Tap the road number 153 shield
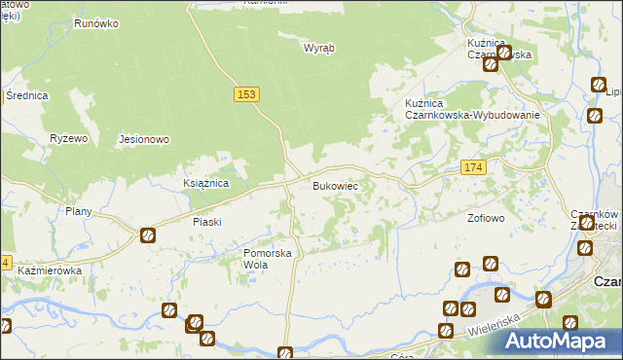(246, 93)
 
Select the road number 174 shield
(473, 168)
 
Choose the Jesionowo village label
(144, 139)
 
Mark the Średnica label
(27, 95)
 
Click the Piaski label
(207, 222)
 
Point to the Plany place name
(78, 211)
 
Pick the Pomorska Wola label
(268, 258)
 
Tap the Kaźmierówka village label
(50, 270)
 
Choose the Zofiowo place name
(486, 218)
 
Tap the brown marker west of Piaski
(147, 234)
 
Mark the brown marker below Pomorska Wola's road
(285, 354)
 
